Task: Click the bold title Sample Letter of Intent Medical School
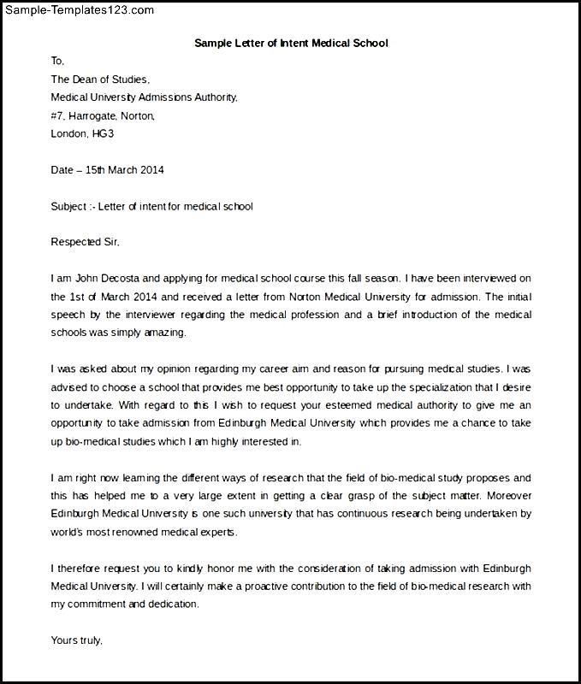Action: pos(291,42)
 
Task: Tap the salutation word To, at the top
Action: pos(57,61)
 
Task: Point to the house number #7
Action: pos(57,115)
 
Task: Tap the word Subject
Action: pos(68,206)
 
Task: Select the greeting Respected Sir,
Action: pos(85,242)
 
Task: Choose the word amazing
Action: pos(163,333)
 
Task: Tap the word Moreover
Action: pos(509,495)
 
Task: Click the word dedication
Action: pos(172,604)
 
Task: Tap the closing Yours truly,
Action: pos(77,640)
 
